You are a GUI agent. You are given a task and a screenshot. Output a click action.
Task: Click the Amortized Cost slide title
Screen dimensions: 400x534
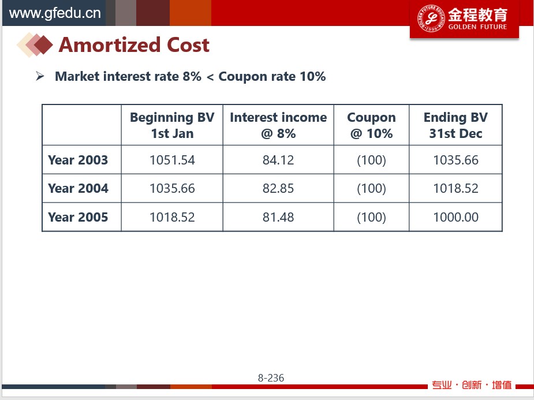[134, 45]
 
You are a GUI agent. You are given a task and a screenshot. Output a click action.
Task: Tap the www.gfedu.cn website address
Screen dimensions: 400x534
[54, 13]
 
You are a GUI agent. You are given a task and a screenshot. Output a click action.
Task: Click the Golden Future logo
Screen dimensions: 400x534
[464, 19]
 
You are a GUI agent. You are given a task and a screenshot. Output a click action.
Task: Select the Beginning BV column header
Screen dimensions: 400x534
[172, 125]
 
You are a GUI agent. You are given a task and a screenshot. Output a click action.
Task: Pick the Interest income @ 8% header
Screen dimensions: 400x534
[278, 125]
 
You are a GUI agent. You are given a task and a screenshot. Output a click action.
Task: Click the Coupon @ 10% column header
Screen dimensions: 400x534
[371, 125]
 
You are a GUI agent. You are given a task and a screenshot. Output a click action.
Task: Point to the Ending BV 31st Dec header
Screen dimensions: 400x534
[455, 125]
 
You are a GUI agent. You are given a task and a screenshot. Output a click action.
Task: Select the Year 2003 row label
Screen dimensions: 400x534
[78, 160]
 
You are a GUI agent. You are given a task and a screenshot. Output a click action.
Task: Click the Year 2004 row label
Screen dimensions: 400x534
[78, 188]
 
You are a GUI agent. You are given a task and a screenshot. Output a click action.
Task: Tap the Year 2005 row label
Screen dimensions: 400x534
[78, 217]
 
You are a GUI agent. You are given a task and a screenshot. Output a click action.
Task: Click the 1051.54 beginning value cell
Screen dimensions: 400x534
[172, 160]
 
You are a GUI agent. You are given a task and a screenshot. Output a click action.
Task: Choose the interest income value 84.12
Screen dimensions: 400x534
[278, 160]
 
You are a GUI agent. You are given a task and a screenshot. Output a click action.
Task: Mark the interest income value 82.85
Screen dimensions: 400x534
[278, 188]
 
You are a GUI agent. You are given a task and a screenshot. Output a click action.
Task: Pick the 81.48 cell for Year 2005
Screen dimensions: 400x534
[278, 217]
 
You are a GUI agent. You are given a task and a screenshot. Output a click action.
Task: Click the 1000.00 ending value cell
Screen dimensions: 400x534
[455, 217]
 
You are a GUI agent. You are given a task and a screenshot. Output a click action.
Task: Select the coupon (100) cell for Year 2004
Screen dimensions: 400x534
[371, 188]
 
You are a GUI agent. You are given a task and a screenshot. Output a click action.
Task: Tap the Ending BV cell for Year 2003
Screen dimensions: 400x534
[455, 160]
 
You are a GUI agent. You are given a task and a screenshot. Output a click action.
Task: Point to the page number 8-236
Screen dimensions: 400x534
[271, 378]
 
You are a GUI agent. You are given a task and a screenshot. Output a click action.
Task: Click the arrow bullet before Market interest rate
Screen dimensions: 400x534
[40, 76]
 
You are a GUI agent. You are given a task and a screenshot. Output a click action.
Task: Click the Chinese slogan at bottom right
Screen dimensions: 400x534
[472, 385]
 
